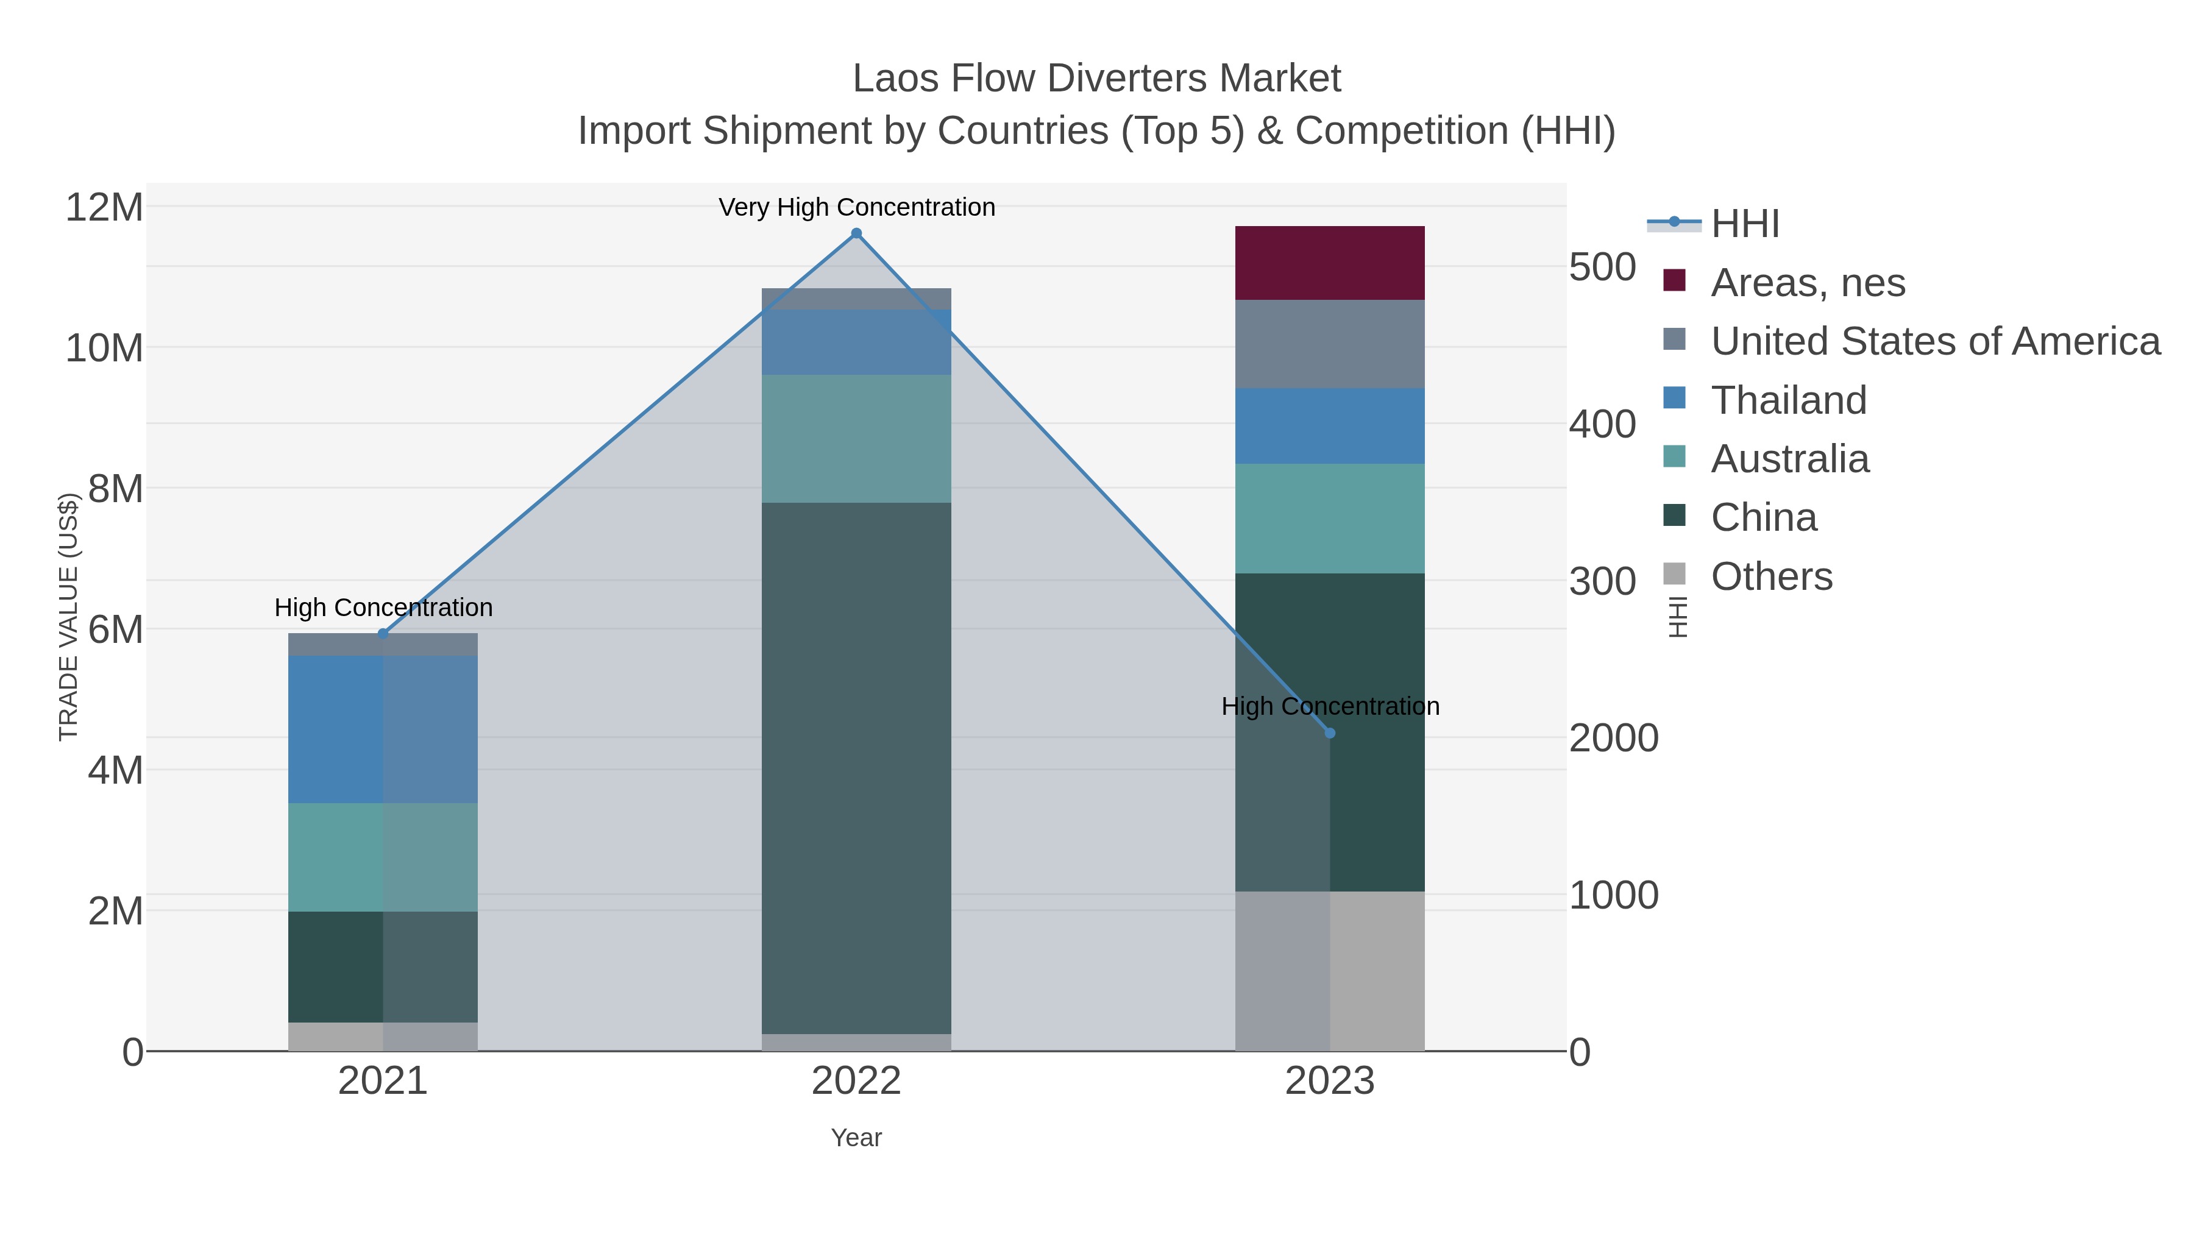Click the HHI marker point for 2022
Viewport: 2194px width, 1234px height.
click(856, 233)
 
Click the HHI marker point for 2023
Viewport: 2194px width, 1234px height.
click(1330, 733)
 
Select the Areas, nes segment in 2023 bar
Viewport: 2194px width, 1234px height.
click(1330, 263)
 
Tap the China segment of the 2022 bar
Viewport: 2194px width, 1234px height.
click(856, 767)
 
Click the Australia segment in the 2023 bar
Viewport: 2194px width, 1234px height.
click(1330, 518)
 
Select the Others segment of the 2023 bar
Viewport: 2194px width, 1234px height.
click(1330, 971)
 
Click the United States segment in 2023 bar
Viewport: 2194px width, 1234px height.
click(1330, 344)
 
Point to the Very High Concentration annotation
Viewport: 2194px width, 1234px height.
click(856, 207)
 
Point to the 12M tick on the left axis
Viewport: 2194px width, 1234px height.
click(104, 207)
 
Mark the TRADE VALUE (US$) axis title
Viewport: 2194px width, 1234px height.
click(68, 617)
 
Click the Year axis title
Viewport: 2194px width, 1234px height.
click(856, 1138)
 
